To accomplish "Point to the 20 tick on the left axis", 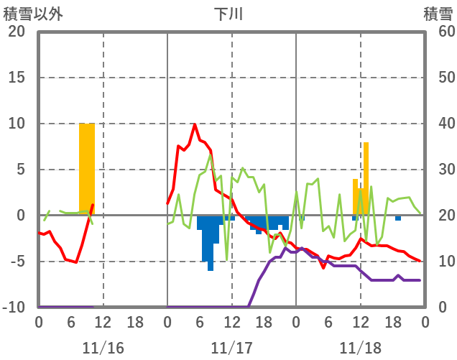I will (16, 32).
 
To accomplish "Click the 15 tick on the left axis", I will (16, 78).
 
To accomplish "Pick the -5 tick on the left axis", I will (16, 262).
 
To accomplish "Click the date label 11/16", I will (103, 348).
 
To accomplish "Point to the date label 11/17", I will (232, 348).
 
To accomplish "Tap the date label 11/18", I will (361, 348).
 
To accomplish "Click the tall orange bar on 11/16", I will (87, 169).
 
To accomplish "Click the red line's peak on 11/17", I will (195, 124).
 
